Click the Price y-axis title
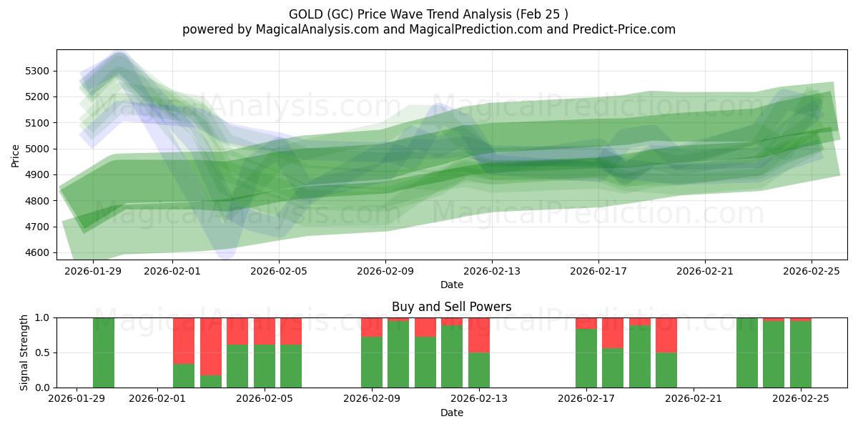(x=16, y=154)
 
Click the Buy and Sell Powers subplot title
(x=451, y=307)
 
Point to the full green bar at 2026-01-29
(x=104, y=352)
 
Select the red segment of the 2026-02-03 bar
(x=211, y=346)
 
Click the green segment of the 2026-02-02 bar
(x=184, y=375)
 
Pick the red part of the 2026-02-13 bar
(x=479, y=335)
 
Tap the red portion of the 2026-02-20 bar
(x=666, y=335)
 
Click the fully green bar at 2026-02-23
(x=747, y=352)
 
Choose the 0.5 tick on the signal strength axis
(x=42, y=352)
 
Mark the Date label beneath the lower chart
(x=451, y=413)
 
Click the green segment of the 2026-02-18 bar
(x=613, y=368)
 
